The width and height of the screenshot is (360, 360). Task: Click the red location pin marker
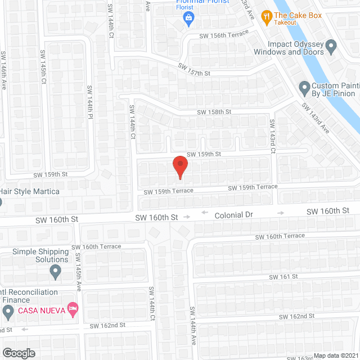pyautogui.click(x=179, y=166)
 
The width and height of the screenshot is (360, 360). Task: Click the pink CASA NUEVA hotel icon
pyautogui.click(x=72, y=309)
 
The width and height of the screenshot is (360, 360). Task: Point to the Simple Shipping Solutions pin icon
pyautogui.click(x=55, y=272)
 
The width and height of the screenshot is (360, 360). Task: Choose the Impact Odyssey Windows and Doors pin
pyautogui.click(x=331, y=45)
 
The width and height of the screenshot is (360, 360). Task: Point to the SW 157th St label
pyautogui.click(x=194, y=70)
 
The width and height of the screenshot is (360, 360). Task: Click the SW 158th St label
pyautogui.click(x=214, y=112)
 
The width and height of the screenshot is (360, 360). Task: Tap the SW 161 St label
pyautogui.click(x=282, y=277)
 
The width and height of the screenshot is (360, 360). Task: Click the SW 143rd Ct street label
pyautogui.click(x=272, y=136)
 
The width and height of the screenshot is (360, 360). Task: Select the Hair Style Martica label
pyautogui.click(x=30, y=191)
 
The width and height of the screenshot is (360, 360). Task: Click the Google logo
pyautogui.click(x=18, y=353)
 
